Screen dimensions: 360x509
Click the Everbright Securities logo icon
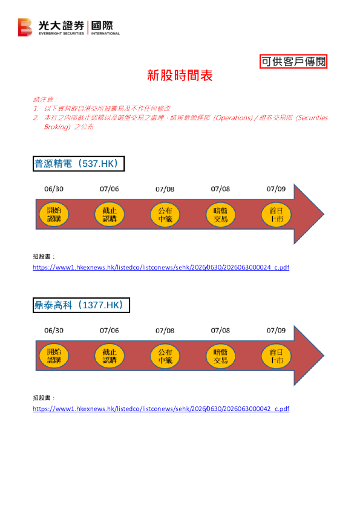(x=25, y=27)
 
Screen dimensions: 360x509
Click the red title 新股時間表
(x=180, y=76)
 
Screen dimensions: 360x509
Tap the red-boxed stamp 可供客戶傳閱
(x=293, y=61)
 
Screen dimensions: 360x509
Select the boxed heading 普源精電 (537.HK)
(x=79, y=164)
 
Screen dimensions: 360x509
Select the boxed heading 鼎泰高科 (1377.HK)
(x=81, y=305)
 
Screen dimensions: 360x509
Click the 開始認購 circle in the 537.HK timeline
(x=54, y=215)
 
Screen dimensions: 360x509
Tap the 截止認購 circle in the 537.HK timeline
(x=110, y=215)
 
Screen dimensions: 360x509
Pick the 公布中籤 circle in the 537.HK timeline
(x=165, y=215)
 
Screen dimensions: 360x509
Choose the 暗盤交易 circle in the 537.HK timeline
(x=221, y=215)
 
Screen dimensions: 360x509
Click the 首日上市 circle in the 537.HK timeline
(x=276, y=215)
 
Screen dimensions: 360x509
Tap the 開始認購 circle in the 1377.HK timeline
(x=54, y=356)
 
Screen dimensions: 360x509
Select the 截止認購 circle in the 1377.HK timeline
(x=110, y=356)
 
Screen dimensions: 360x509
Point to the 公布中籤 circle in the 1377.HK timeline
(x=165, y=356)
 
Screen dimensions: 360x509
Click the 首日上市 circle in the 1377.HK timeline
(x=276, y=356)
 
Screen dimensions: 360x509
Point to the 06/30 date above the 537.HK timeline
(x=54, y=189)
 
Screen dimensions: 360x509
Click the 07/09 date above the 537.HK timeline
(x=276, y=189)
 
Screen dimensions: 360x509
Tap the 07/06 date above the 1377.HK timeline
(x=110, y=331)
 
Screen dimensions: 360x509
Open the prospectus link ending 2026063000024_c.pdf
(x=161, y=267)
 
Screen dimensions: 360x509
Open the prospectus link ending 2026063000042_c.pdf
(x=161, y=409)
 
